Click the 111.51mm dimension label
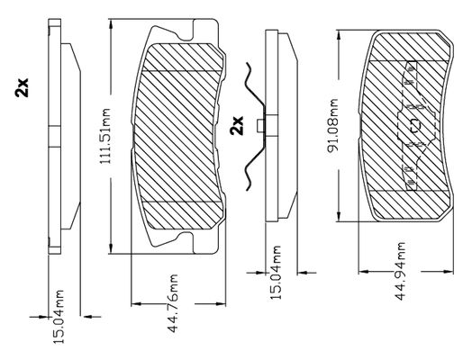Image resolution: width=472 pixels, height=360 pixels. [105, 136]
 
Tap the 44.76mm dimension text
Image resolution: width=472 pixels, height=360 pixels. [173, 303]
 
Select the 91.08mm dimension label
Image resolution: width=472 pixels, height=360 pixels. [333, 125]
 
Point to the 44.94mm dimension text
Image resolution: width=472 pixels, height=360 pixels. [401, 271]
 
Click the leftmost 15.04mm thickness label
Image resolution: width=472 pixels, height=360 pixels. [58, 317]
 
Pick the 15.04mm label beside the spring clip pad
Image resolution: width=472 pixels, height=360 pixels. [275, 273]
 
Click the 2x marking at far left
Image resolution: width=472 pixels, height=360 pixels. [22, 87]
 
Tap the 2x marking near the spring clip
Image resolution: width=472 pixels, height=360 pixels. [237, 125]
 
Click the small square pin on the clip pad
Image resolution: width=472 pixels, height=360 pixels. [260, 126]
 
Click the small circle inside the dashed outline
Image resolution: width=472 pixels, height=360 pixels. [415, 125]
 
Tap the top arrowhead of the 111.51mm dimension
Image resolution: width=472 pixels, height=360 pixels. [111, 25]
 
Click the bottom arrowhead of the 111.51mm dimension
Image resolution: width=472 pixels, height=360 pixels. [111, 248]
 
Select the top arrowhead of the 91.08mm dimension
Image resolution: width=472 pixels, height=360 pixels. [339, 36]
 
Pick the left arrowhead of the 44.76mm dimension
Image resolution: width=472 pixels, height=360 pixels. [137, 304]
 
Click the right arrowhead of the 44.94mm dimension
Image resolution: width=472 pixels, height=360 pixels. [449, 272]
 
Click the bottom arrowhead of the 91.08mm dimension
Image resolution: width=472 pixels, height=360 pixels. [339, 216]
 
